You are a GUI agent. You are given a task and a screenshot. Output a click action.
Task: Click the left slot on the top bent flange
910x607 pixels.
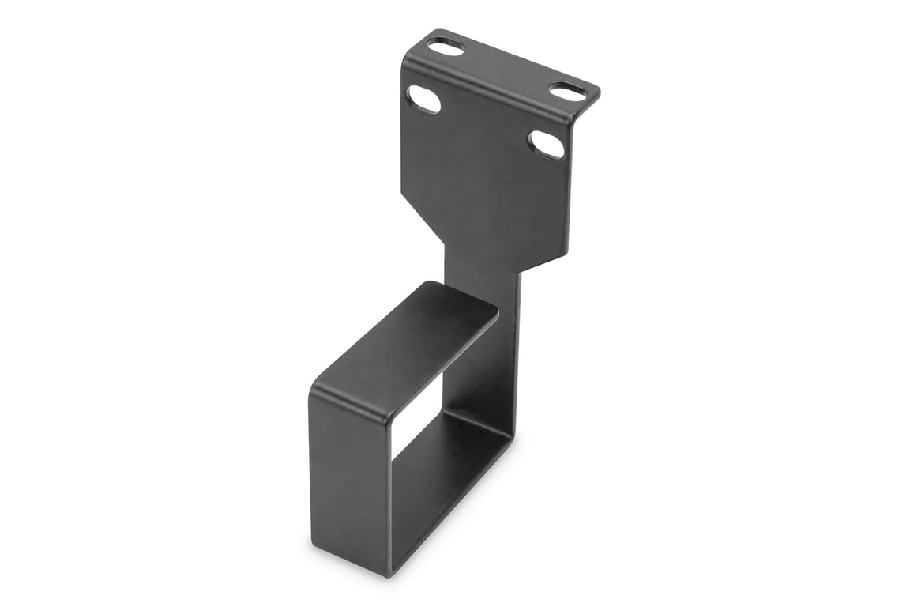click(447, 47)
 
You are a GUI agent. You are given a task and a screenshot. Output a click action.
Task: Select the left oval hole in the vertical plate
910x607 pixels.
click(423, 100)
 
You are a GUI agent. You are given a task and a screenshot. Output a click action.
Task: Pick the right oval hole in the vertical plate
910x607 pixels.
click(547, 145)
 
